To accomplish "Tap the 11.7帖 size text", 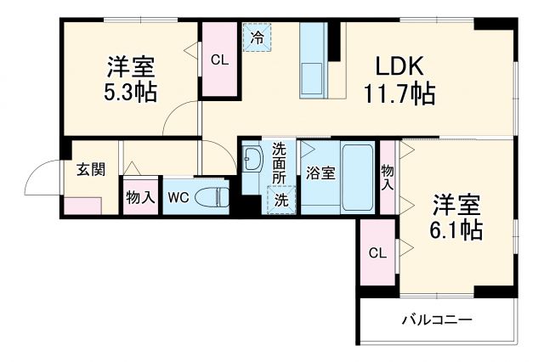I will click(399, 93).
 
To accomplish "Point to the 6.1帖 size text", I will click(458, 229).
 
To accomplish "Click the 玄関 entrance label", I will click(91, 169).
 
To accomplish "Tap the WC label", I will click(178, 198).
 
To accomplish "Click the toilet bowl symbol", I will click(212, 197).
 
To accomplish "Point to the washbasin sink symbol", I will click(252, 160).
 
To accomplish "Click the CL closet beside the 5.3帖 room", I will click(219, 59).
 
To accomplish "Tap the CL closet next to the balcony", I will click(377, 253).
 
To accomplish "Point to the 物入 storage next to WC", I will click(139, 198).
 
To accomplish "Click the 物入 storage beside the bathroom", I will click(388, 177).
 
